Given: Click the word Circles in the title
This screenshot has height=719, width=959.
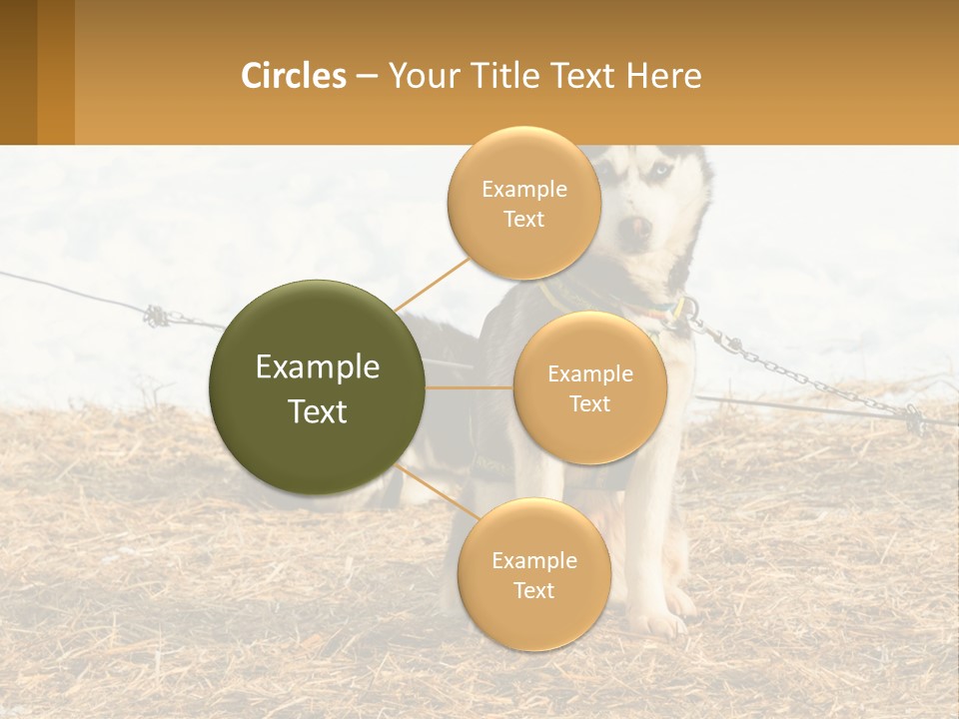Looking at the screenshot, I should (294, 75).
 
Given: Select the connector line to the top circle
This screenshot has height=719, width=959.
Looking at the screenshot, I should (432, 284).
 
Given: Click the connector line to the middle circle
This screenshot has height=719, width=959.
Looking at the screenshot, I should (470, 387).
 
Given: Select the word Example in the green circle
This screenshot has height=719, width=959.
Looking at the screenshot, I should (317, 367).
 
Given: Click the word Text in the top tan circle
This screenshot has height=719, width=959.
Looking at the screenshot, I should (523, 220).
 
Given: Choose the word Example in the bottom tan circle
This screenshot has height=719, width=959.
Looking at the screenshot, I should (533, 560).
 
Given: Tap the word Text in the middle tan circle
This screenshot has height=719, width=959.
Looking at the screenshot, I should (589, 403).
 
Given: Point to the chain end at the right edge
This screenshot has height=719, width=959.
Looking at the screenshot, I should (914, 416).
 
